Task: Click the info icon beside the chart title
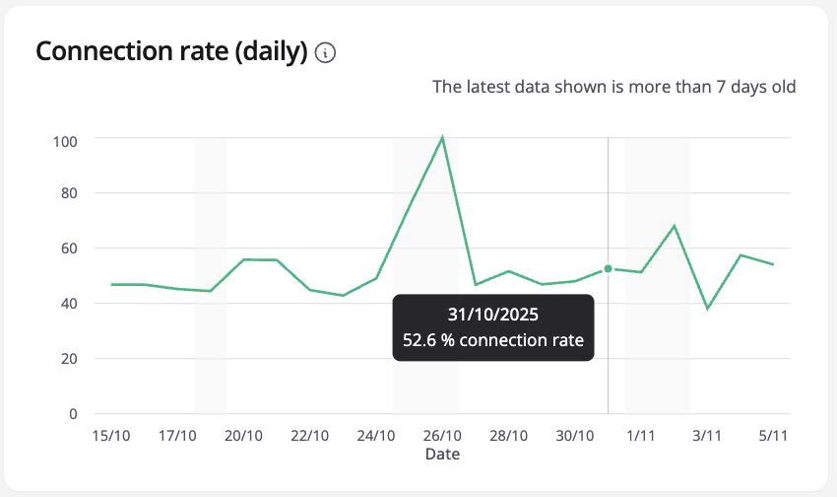[x=326, y=53]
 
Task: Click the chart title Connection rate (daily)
[x=172, y=52]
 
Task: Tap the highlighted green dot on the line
[x=608, y=268]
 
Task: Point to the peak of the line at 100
[x=442, y=137]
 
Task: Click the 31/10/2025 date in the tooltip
[x=493, y=317]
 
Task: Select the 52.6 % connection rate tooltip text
[x=493, y=341]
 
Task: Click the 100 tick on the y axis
[x=66, y=140]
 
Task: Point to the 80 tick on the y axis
[x=69, y=194]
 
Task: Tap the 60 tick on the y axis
[x=69, y=249]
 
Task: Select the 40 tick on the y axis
[x=69, y=304]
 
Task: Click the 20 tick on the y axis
[x=69, y=359]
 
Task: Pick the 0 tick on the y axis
[x=73, y=414]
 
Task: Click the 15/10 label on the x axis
[x=110, y=436]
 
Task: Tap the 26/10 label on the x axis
[x=442, y=436]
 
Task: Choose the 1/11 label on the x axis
[x=641, y=436]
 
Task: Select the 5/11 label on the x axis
[x=773, y=436]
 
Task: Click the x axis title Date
[x=442, y=455]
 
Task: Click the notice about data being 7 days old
[x=614, y=87]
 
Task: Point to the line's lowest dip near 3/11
[x=707, y=309]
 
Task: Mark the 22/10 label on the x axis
[x=309, y=436]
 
